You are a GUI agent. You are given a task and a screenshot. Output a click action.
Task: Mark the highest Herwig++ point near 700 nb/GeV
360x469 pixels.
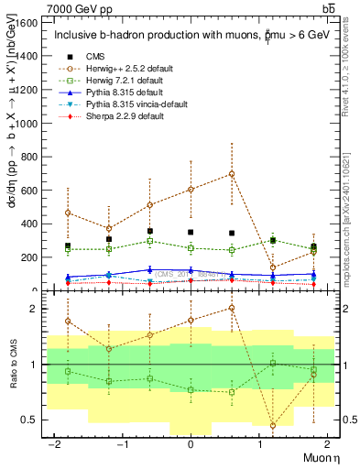pos(232,174)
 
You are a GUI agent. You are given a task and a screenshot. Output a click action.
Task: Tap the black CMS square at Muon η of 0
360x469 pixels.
pos(191,233)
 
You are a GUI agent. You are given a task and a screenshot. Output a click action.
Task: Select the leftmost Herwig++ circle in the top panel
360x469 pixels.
pos(68,213)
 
